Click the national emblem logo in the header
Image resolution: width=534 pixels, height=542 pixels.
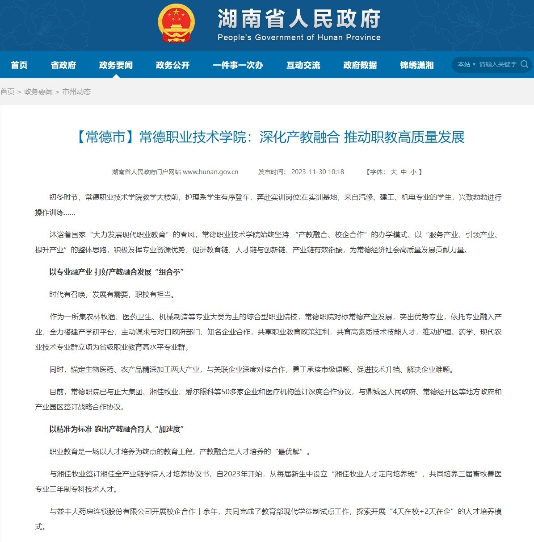[176, 24]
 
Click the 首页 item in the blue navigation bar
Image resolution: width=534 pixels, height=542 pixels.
[19, 65]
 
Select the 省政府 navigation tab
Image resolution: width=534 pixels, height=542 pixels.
[63, 65]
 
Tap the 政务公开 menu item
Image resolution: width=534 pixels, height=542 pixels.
[172, 65]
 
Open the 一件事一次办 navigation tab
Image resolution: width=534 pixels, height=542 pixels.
[238, 65]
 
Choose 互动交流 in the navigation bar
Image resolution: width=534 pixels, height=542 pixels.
[303, 65]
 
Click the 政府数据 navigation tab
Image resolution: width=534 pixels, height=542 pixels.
[360, 65]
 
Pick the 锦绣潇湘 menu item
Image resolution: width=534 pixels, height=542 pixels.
[416, 65]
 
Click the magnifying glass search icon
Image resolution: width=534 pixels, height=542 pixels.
[525, 64]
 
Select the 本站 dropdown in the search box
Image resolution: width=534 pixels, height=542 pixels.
[466, 64]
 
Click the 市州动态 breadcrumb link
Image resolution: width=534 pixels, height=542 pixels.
[76, 92]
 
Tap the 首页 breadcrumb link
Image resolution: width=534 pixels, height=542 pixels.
[7, 92]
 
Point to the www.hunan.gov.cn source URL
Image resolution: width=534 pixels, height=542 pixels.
[210, 172]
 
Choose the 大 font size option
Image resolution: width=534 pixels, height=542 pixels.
[394, 172]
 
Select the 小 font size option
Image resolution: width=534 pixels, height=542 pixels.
[413, 172]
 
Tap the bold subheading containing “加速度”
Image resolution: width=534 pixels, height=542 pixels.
[117, 429]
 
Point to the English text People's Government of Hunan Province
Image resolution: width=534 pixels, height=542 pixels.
[299, 38]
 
